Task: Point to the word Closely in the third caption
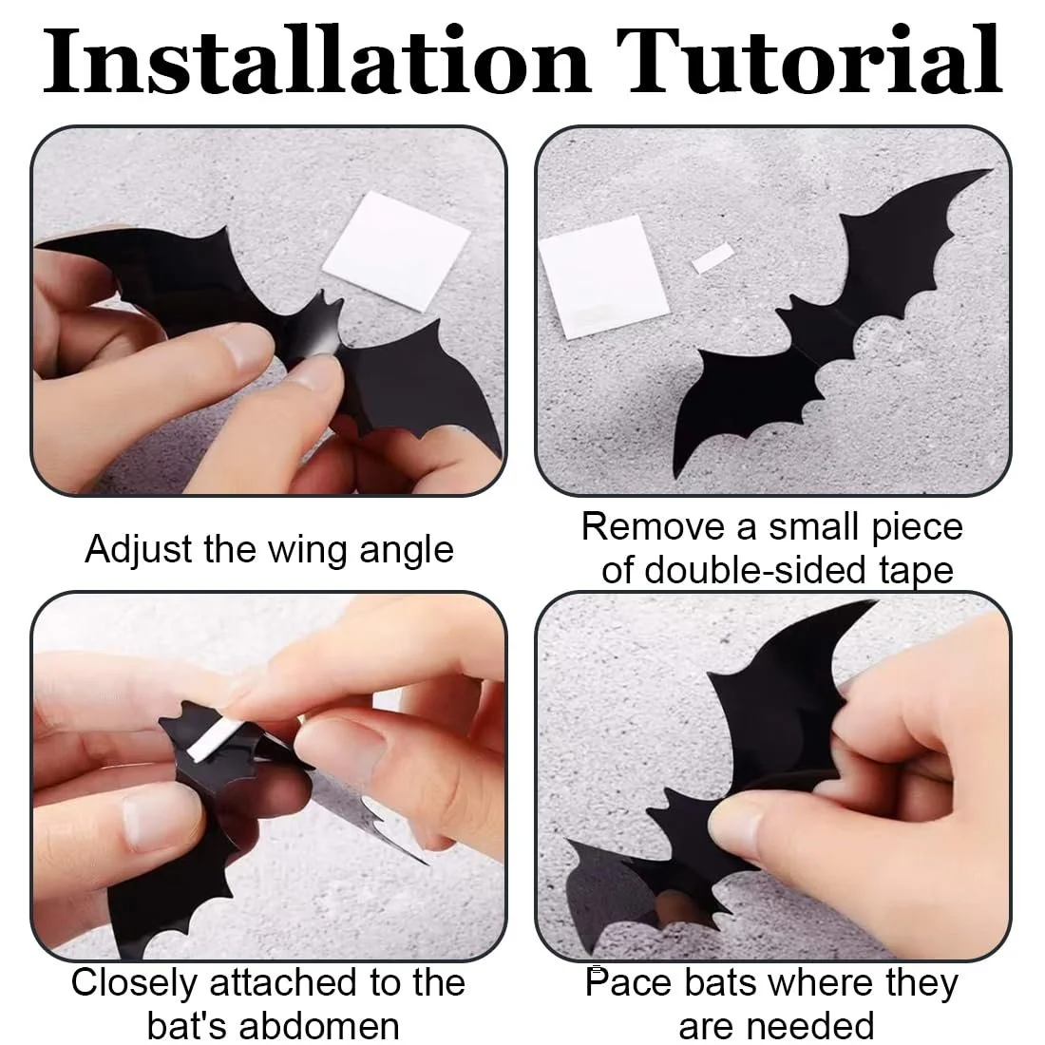pyautogui.click(x=133, y=982)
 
